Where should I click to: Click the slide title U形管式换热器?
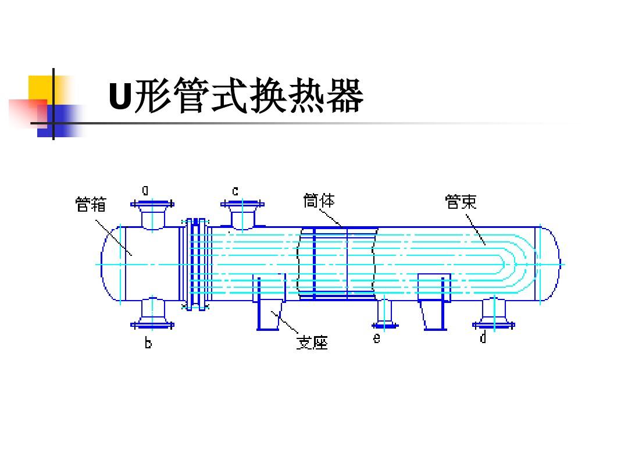235,97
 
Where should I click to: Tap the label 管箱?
91,205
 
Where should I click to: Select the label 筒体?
319,201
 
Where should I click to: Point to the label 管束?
461,202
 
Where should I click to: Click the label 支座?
312,343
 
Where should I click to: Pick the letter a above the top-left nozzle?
145,190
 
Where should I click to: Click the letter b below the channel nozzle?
148,344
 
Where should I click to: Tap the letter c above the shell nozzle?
235,190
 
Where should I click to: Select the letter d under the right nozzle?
483,338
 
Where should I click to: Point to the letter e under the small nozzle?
377,338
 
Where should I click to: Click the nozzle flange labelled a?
152,205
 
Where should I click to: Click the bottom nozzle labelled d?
493,314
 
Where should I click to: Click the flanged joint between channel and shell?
196,265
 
